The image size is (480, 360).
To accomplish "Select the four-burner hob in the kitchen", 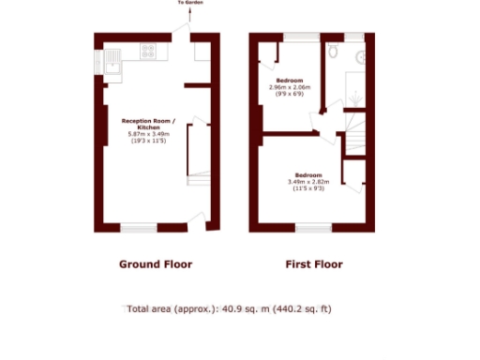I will [148, 52].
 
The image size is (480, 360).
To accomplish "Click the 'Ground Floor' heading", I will [155, 264].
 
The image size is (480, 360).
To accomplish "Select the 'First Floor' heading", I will [313, 264].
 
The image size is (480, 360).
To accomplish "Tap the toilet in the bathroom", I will [335, 51].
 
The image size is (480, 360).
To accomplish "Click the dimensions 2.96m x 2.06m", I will [295, 87].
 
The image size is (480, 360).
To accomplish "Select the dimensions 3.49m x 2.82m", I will [309, 182].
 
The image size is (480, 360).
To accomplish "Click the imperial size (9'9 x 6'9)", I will [295, 94].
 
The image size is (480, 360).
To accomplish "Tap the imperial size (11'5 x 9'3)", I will [309, 188].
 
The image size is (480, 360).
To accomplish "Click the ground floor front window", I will [138, 227].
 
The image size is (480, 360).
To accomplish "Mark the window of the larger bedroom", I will [313, 227].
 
